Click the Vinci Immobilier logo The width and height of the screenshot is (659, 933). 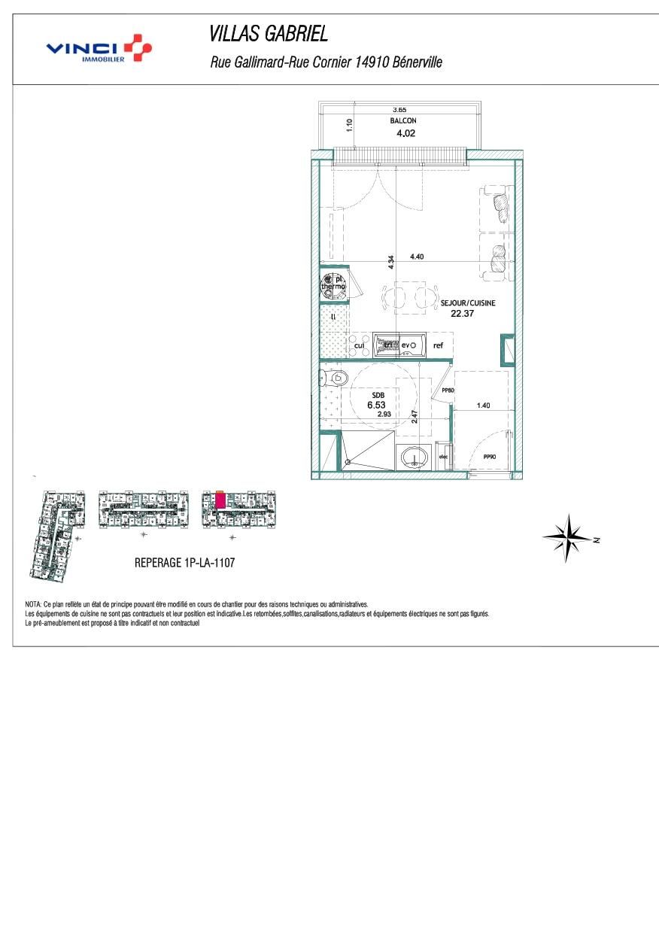[99, 48]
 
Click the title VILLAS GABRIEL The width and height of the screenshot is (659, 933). [268, 34]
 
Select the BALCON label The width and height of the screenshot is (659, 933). [403, 120]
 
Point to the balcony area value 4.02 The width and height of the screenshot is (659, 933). [405, 134]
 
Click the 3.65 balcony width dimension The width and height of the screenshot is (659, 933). [399, 110]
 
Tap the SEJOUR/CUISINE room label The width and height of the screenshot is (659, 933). [468, 302]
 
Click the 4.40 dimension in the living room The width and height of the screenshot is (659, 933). [417, 257]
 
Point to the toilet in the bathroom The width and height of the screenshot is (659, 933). [336, 378]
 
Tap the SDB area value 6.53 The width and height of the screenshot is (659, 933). [375, 405]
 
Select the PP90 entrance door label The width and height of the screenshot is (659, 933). [490, 457]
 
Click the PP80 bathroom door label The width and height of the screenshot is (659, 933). [448, 391]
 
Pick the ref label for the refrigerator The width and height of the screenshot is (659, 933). [438, 345]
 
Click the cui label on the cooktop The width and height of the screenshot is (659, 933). [360, 345]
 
